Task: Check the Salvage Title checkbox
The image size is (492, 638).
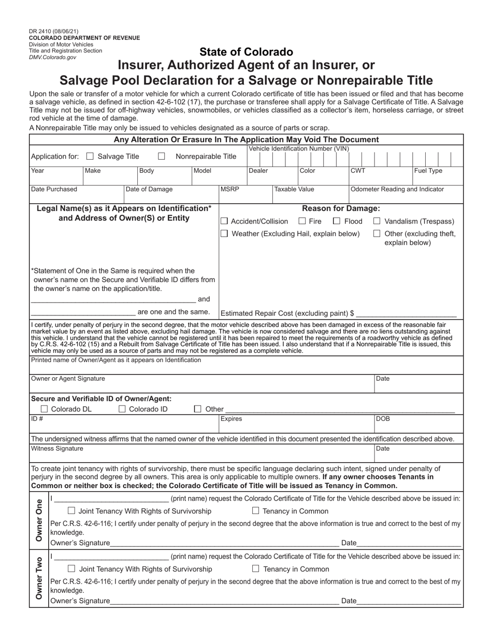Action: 90,156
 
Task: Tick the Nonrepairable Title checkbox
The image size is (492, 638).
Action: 162,156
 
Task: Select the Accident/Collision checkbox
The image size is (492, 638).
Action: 224,221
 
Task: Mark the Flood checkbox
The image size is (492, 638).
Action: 337,221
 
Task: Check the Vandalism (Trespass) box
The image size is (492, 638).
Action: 377,221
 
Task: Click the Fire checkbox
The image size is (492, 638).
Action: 302,221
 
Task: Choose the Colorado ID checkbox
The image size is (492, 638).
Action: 122,409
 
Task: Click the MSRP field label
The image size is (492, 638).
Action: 230,189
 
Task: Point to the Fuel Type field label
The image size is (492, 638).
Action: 428,171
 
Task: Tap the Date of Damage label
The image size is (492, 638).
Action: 150,189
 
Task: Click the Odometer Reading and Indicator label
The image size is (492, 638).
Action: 397,189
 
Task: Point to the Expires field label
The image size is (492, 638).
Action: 231,418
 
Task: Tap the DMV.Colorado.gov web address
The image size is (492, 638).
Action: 52,58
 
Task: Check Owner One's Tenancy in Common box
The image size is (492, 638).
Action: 270,511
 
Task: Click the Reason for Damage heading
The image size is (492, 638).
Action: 341,208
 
